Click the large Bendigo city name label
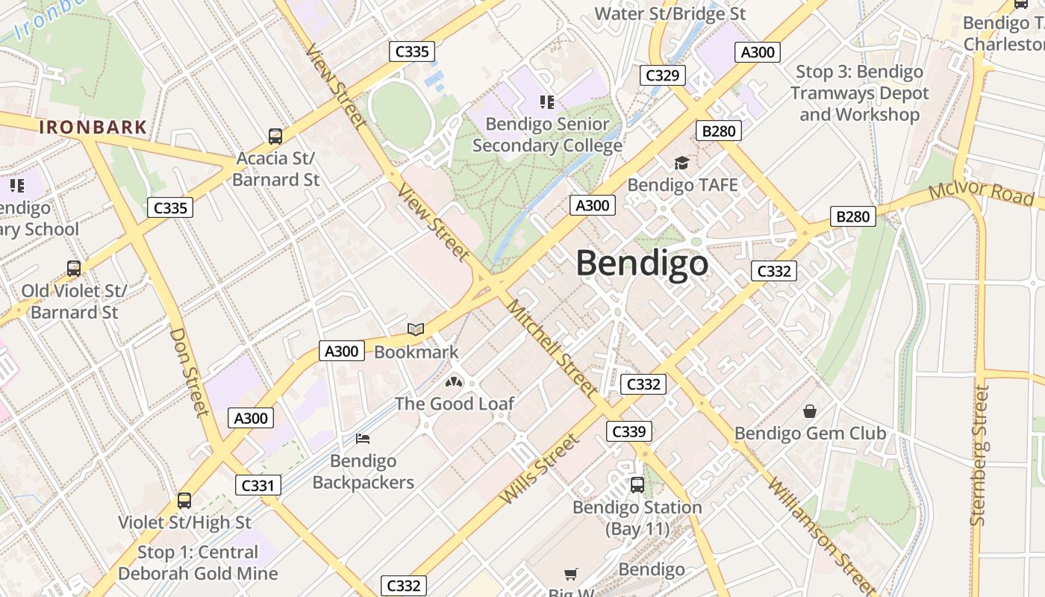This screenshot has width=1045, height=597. tap(642, 263)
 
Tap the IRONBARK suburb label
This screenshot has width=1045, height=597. tap(93, 127)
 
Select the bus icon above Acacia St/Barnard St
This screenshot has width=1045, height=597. tap(275, 137)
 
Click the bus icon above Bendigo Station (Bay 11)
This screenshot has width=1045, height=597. tap(637, 485)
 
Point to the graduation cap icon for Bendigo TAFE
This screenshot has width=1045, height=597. tap(681, 163)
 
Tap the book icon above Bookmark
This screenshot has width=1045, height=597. tap(416, 329)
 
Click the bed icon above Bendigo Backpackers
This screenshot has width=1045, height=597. tap(363, 439)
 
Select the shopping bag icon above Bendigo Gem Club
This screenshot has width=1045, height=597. tap(810, 411)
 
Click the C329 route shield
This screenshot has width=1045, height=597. tap(662, 75)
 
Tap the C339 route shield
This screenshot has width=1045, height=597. tap(628, 431)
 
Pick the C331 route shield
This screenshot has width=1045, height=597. tap(258, 485)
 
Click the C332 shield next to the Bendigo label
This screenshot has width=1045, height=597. tap(773, 271)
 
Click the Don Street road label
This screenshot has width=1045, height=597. tap(190, 371)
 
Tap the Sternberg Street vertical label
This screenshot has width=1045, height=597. tap(979, 455)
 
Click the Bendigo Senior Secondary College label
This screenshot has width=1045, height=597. tap(547, 135)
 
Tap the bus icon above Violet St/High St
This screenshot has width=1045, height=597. tap(184, 501)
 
